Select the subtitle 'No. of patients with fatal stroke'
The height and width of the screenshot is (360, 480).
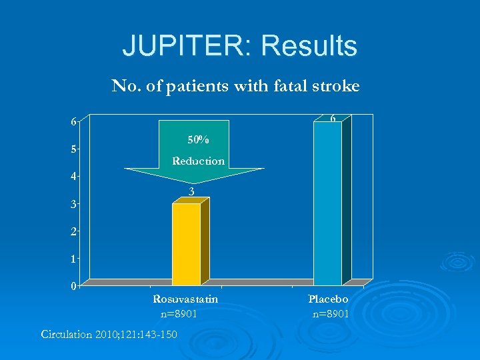pos(235,86)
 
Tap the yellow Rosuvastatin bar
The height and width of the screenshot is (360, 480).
pos(186,244)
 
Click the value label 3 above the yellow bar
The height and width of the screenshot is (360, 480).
pos(191,192)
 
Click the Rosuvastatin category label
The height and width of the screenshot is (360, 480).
pos(185,299)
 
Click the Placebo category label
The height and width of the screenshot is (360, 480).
pos(328,299)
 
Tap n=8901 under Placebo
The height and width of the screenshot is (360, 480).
pos(331,313)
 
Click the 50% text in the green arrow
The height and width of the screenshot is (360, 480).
pos(198,140)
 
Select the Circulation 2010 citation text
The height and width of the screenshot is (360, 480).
pos(109,334)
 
